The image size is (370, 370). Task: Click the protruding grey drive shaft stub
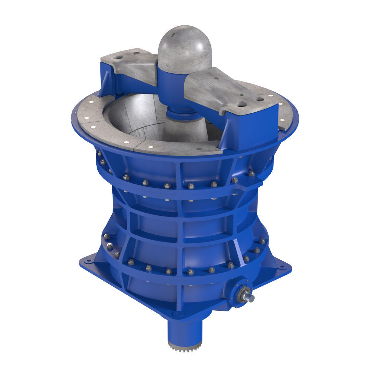click(x=250, y=298)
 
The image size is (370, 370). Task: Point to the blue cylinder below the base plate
click(x=185, y=329)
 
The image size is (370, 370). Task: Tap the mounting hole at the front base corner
click(x=177, y=313)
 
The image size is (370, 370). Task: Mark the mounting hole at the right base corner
click(x=282, y=267)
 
